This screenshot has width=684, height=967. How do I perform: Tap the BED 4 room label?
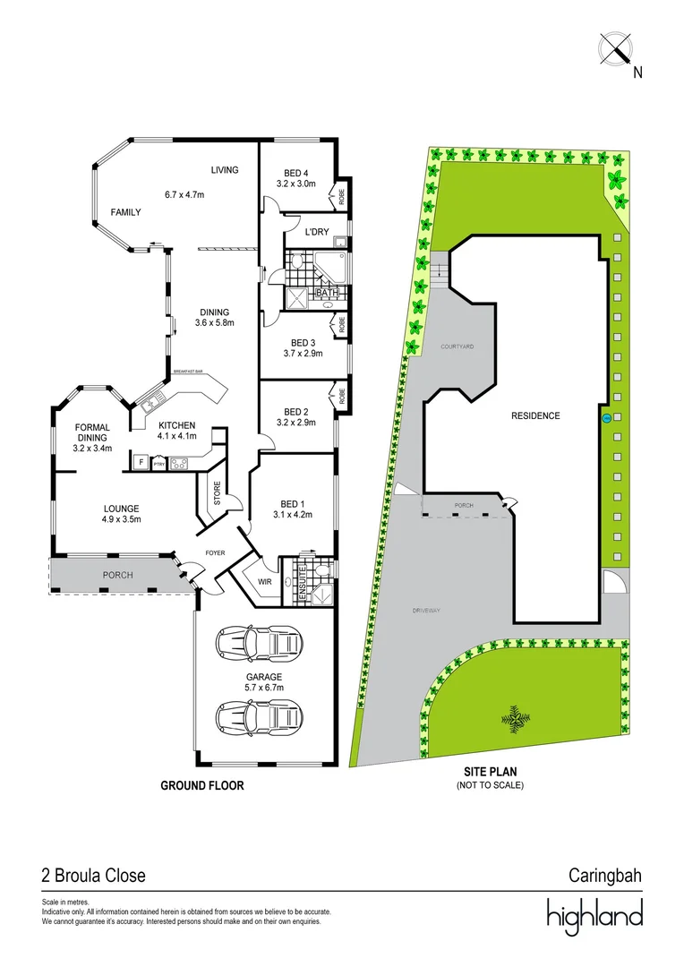tap(295, 173)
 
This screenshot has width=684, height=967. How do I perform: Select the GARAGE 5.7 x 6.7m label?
tap(264, 682)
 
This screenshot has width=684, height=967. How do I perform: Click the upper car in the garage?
tap(259, 643)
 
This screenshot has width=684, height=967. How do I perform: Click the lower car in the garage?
tap(259, 716)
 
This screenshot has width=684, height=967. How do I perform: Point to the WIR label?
tap(264, 582)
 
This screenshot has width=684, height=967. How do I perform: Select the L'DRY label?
tap(318, 233)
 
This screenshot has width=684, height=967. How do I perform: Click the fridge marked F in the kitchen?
tap(141, 463)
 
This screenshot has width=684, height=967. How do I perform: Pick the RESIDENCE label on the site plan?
tap(535, 415)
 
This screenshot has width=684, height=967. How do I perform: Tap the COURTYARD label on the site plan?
tap(457, 346)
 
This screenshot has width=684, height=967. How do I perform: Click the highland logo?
tap(595, 914)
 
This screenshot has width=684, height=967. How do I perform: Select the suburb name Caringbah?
tap(606, 875)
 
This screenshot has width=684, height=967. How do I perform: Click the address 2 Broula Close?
tap(93, 875)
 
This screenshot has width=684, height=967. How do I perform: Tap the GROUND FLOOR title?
tap(202, 785)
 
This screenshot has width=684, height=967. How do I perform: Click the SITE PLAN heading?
tap(490, 771)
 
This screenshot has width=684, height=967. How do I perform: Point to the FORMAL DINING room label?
tap(92, 438)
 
